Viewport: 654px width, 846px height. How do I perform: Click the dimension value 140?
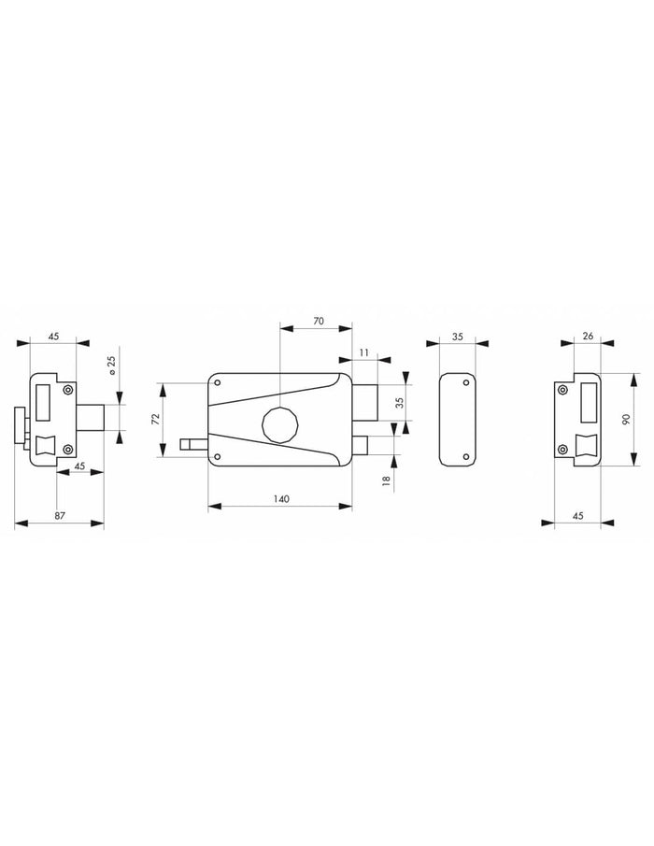click(280, 499)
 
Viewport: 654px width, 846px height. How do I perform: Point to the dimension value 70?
click(318, 321)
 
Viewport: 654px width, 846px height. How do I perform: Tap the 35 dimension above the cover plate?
click(457, 336)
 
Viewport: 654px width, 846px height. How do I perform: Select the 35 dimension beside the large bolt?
click(399, 403)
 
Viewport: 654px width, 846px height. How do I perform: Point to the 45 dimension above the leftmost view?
click(53, 336)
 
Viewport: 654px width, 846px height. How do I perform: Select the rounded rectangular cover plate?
click(457, 418)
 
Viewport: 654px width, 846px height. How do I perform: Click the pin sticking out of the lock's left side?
click(193, 445)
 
